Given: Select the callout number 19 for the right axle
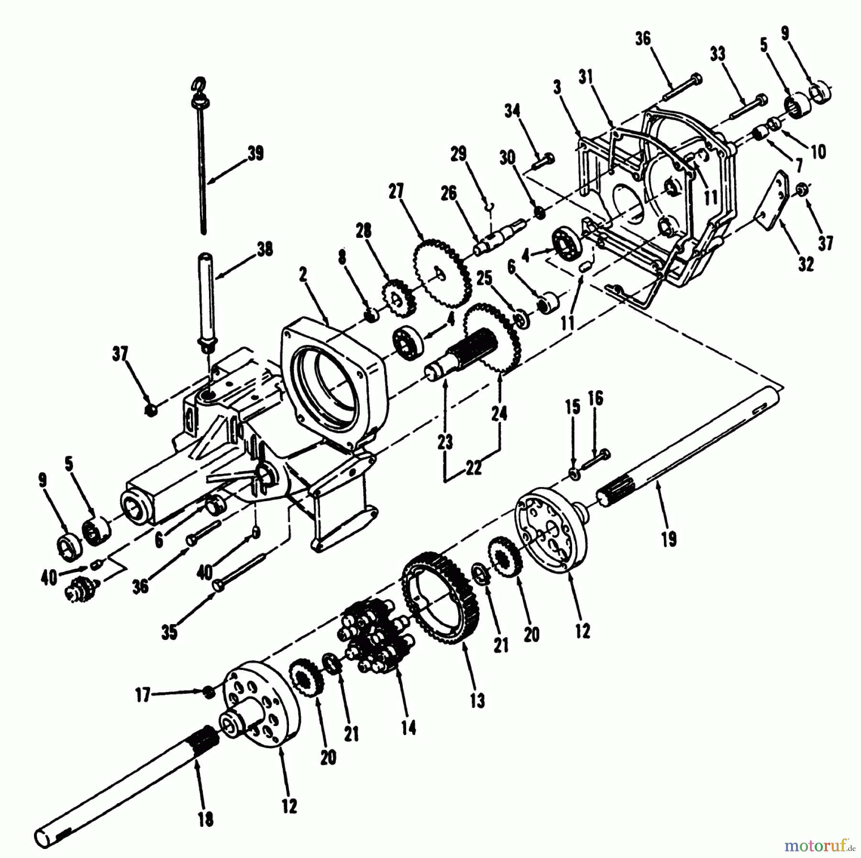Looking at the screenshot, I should pos(669,539).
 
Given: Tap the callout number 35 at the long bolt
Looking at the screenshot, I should pos(169,632).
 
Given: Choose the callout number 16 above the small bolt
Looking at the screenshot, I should pos(596,398).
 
